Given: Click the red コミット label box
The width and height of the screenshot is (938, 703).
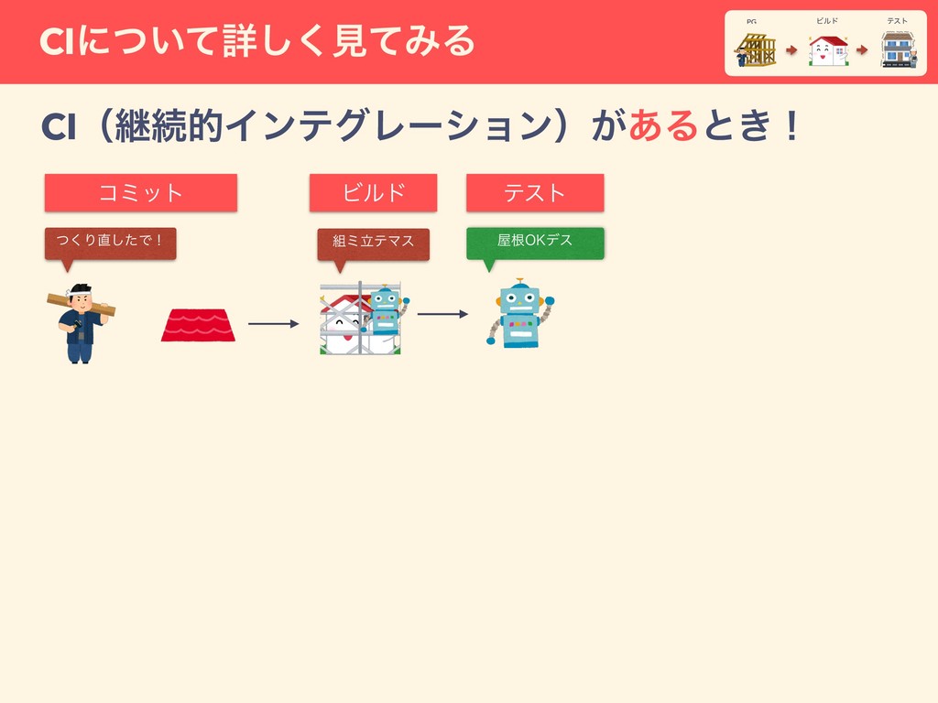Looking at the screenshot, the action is tap(141, 193).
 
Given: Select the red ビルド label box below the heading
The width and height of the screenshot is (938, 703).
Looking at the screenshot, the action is tap(373, 193).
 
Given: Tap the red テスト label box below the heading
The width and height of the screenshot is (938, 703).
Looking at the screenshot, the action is tap(535, 193).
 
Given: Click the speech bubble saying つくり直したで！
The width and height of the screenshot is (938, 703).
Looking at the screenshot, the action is tap(110, 242).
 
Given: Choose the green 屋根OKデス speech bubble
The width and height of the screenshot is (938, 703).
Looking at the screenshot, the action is tap(535, 242).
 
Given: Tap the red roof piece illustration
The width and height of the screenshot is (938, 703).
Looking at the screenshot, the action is tap(198, 325).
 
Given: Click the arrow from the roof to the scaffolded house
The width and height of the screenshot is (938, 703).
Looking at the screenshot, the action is tap(273, 324).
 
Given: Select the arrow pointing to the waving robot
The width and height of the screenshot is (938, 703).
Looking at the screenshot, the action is tap(442, 314).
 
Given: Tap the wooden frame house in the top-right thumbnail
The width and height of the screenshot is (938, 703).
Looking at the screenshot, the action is tap(756, 49).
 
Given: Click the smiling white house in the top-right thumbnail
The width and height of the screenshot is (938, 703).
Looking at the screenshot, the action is tap(827, 50).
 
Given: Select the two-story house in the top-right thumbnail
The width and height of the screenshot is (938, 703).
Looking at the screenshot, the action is tap(898, 49).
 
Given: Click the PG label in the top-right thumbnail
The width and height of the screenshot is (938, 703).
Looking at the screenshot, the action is tap(751, 21).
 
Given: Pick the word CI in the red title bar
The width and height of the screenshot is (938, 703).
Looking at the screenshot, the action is tap(57, 40).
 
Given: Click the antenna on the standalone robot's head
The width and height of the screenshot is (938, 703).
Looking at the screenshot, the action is tap(520, 281).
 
